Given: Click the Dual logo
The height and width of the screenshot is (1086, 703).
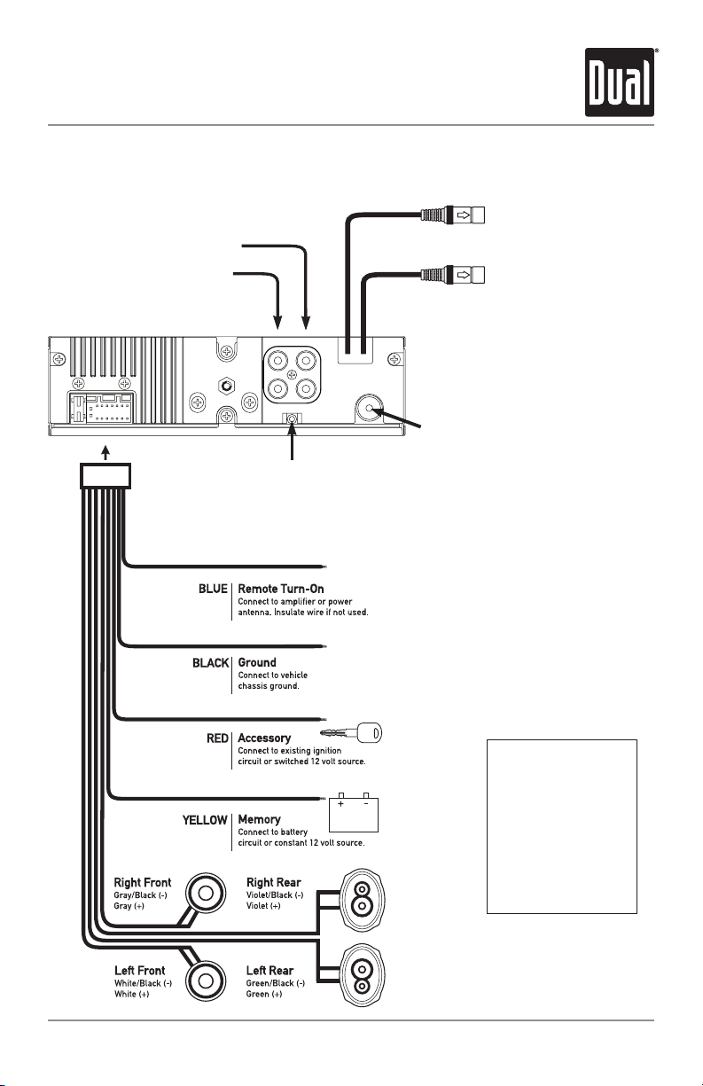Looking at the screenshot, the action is pyautogui.click(x=620, y=82).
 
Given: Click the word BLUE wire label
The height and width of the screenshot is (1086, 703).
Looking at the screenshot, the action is pyautogui.click(x=213, y=589).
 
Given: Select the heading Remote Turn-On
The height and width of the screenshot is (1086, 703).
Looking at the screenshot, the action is pyautogui.click(x=281, y=589).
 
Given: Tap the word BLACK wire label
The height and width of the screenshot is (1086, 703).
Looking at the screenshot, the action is pyautogui.click(x=210, y=663).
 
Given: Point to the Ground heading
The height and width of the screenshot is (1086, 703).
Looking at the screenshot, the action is pyautogui.click(x=257, y=662).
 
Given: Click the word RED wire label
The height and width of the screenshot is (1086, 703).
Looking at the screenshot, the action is pyautogui.click(x=217, y=738).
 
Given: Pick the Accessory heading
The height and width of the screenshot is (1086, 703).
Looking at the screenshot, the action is pyautogui.click(x=264, y=738).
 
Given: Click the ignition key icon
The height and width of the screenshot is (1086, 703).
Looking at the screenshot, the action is pyautogui.click(x=351, y=732).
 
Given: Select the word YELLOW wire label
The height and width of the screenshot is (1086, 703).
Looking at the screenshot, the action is pyautogui.click(x=205, y=820).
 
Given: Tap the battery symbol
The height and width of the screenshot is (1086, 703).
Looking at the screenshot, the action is pyautogui.click(x=354, y=814).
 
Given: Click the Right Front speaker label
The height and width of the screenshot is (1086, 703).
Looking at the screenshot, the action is pyautogui.click(x=143, y=882).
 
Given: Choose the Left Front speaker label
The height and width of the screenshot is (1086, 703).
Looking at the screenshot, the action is pyautogui.click(x=140, y=970).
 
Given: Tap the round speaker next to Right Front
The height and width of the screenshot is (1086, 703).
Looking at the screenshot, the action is pyautogui.click(x=206, y=893).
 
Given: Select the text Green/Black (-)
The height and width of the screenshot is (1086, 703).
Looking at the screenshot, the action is pyautogui.click(x=276, y=983).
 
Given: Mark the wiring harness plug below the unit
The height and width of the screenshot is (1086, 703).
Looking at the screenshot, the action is pyautogui.click(x=105, y=475).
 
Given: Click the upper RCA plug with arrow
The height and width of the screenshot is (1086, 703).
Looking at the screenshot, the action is pyautogui.click(x=452, y=215).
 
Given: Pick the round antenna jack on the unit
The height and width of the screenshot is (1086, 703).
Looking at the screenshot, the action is pyautogui.click(x=369, y=408).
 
